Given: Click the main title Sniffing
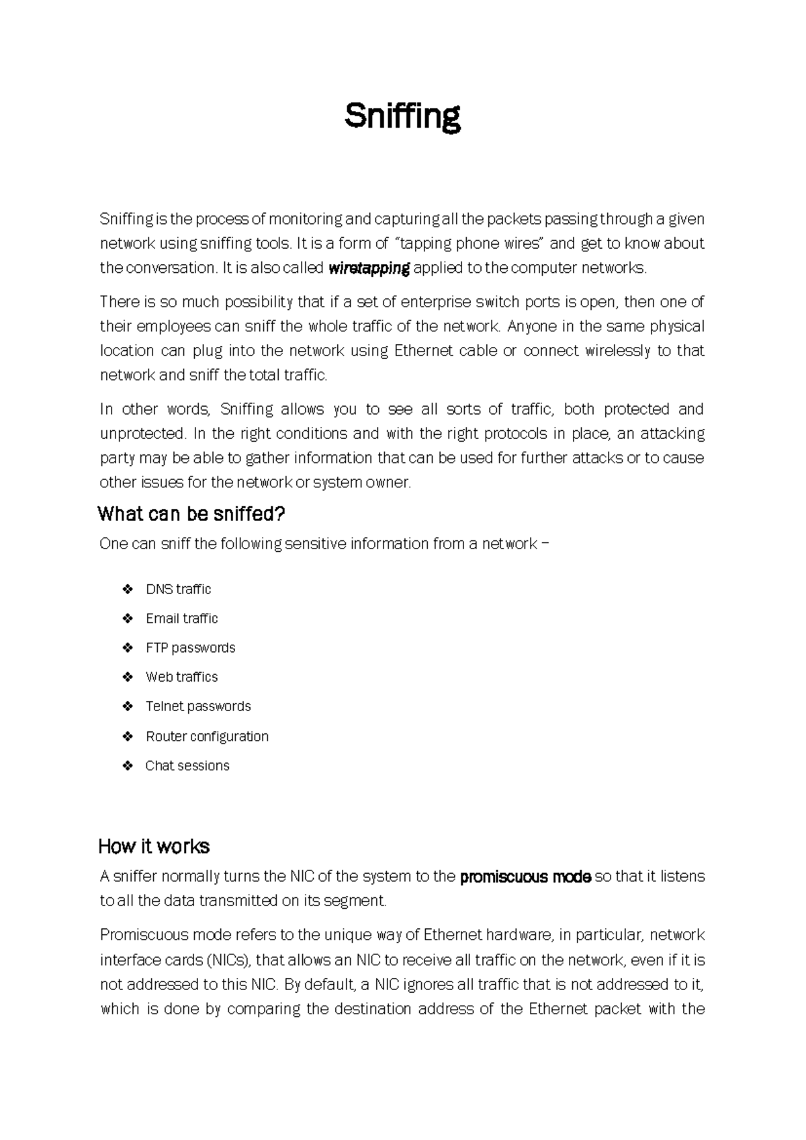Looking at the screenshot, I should point(402,117).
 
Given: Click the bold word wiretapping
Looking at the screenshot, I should point(369,268).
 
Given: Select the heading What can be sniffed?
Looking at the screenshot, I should point(191,515).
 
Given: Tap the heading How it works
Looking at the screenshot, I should point(154,846).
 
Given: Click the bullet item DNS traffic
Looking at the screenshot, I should point(178,589).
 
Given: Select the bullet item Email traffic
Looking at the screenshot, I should point(181,618).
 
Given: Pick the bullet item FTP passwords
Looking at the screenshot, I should point(190,648).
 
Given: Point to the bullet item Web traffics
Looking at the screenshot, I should point(181,677).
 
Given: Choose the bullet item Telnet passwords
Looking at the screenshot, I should point(198,706).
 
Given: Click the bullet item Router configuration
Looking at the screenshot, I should point(207,737).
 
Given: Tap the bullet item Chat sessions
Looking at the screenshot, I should point(187,766).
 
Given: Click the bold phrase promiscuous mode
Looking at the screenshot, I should point(525,877).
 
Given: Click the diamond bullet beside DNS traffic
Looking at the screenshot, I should point(128,589).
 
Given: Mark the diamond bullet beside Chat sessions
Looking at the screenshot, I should point(128,766).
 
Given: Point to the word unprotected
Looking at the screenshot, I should point(141,434).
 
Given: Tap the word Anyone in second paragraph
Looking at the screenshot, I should point(532,327).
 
